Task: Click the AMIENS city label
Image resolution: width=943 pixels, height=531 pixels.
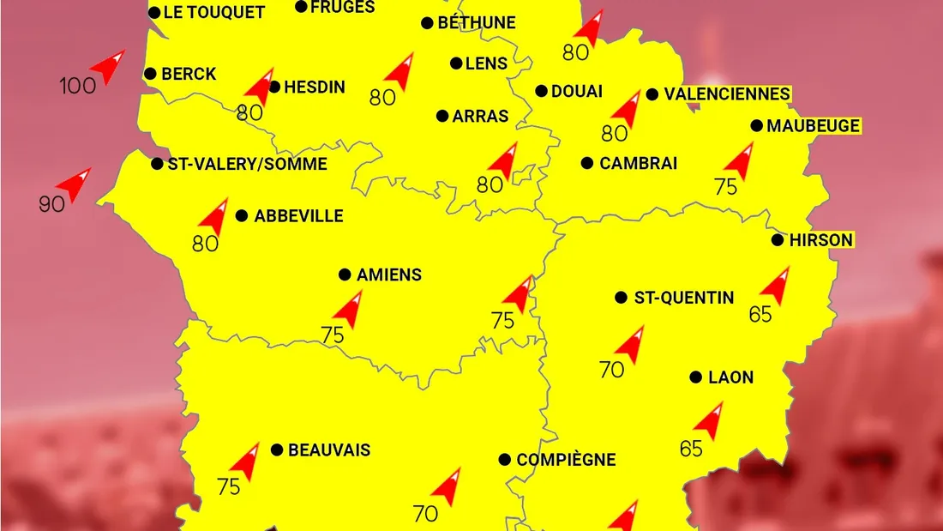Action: pyautogui.click(x=389, y=275)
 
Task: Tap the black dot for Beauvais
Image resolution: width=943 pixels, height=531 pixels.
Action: pyautogui.click(x=277, y=450)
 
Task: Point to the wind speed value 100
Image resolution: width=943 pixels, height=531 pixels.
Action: pyautogui.click(x=77, y=86)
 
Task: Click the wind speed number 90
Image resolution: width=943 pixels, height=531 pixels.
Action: pyautogui.click(x=52, y=204)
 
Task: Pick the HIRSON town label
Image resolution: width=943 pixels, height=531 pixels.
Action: pyautogui.click(x=821, y=240)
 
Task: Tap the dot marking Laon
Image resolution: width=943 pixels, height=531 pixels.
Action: pyautogui.click(x=695, y=377)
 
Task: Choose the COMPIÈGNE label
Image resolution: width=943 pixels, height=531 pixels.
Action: pyautogui.click(x=566, y=460)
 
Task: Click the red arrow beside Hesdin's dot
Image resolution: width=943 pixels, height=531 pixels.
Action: pyautogui.click(x=259, y=86)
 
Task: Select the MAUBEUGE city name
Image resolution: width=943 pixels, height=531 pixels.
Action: pyautogui.click(x=813, y=126)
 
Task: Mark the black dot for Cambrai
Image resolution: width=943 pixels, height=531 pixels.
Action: pyautogui.click(x=587, y=163)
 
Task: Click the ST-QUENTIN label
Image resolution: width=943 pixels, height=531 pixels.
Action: pyautogui.click(x=683, y=298)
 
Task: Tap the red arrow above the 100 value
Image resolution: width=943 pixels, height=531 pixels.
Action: pyautogui.click(x=109, y=67)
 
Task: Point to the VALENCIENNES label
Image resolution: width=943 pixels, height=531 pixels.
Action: pyautogui.click(x=727, y=94)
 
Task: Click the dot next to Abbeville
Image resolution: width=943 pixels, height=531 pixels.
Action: pyautogui.click(x=242, y=216)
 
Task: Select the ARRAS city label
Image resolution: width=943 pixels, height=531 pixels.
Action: pyautogui.click(x=481, y=116)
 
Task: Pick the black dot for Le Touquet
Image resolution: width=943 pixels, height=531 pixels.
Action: pyautogui.click(x=154, y=13)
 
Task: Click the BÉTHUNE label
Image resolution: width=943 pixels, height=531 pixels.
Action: pyautogui.click(x=477, y=23)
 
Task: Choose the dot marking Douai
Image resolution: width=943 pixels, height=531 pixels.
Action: pyautogui.click(x=542, y=91)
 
